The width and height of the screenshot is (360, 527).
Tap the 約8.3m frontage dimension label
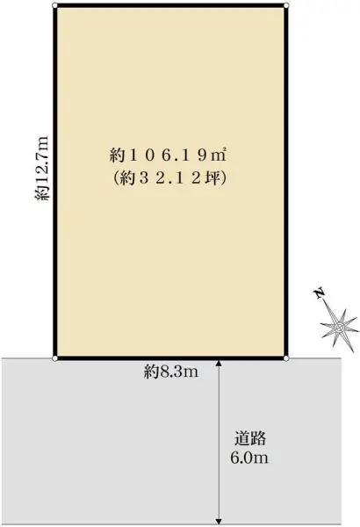tap(171, 372)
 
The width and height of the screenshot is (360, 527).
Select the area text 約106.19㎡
tap(169, 155)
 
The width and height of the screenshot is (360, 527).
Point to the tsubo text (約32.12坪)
tap(169, 176)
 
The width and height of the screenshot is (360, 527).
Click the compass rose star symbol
tap(338, 328)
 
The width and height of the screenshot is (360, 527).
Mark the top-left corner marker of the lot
tap(55, 6)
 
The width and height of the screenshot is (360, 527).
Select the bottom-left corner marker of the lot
tap(55, 358)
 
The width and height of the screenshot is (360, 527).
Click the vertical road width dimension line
tap(219, 413)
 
